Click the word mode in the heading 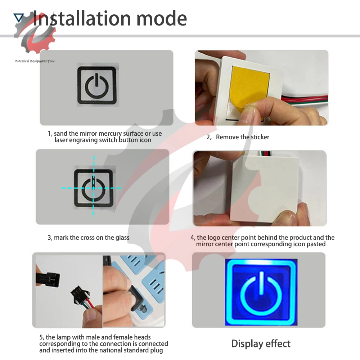tap(162, 19)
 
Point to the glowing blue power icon tap(261, 292)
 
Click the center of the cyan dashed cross tap(94, 188)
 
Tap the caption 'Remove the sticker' tap(242, 137)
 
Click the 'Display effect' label tap(261, 344)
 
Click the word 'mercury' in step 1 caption tap(110, 134)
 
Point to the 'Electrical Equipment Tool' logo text tap(35, 61)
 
